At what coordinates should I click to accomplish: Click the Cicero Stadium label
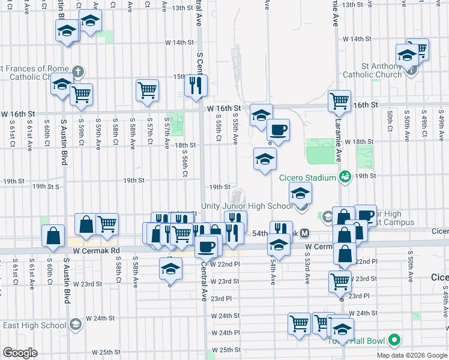tap(307, 178)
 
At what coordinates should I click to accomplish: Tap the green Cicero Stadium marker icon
tap(345, 176)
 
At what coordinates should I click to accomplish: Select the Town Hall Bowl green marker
tap(394, 341)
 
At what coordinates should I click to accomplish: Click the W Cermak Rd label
tap(97, 250)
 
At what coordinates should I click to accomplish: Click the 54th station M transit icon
tap(305, 233)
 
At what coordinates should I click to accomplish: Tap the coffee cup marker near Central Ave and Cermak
tap(206, 246)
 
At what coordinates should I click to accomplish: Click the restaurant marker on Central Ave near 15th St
tap(196, 85)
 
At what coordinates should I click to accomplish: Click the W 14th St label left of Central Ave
tap(180, 43)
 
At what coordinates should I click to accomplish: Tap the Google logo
tap(20, 353)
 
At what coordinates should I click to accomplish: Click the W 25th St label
tap(107, 352)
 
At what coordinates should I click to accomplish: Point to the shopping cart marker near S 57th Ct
tap(147, 90)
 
